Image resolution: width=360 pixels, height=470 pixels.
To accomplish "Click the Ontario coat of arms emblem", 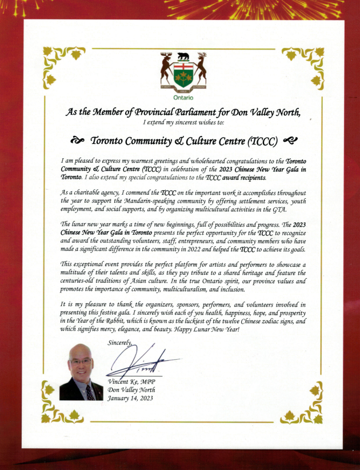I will [183, 71].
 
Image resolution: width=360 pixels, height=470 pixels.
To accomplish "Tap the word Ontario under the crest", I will [183, 98].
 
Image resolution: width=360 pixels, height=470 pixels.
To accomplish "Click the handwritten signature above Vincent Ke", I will [143, 360].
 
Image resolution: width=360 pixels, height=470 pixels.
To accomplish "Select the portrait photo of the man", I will [81, 371].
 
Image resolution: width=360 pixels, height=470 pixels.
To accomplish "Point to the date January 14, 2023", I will [131, 398].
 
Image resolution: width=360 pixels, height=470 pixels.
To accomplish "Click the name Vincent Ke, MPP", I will [131, 381].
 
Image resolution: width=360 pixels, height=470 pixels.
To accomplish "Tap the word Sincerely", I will [119, 342].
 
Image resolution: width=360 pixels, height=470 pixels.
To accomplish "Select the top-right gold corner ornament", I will [302, 63].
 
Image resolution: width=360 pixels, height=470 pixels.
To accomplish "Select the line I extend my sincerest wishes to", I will [183, 122].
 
